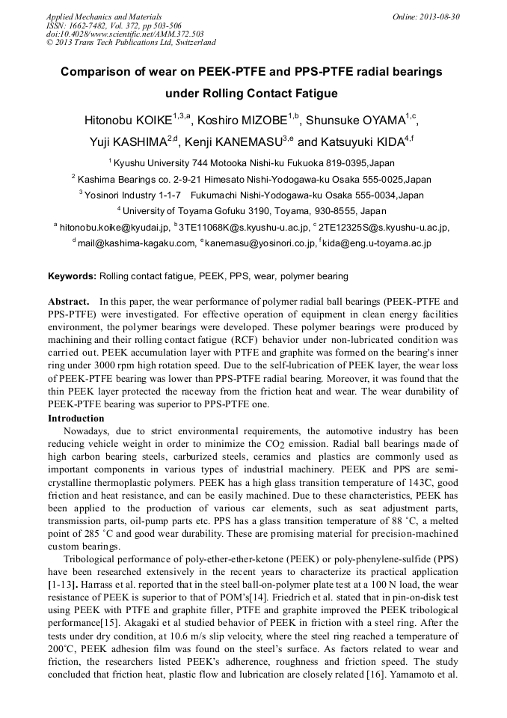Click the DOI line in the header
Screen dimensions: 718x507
coord(125,34)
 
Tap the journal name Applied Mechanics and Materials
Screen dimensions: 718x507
coord(103,16)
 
